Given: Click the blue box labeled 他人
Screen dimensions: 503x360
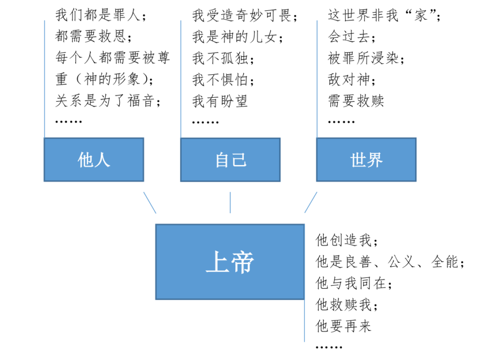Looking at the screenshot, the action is click(x=94, y=160).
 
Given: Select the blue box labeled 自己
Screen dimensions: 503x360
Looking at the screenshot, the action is click(x=230, y=160).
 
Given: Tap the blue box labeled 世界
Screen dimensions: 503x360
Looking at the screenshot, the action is click(x=366, y=160).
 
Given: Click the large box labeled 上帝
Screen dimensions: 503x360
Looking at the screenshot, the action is click(x=230, y=262).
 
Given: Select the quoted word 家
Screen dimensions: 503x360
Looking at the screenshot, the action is click(x=420, y=15).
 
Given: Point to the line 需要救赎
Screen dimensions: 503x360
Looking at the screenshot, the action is click(x=356, y=101).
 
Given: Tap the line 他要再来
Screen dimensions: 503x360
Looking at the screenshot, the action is click(x=343, y=326).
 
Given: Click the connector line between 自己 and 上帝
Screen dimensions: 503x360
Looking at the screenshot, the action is click(x=230, y=202).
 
